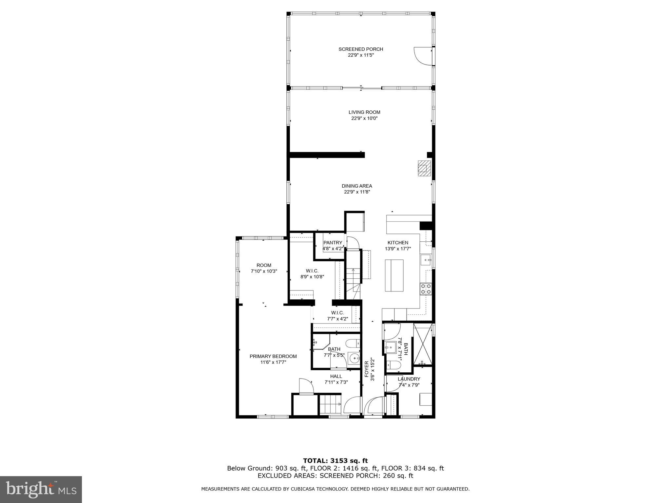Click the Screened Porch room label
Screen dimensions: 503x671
pos(361,49)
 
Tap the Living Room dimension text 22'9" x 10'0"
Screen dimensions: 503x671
pos(364,118)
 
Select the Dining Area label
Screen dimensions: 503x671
pos(357,186)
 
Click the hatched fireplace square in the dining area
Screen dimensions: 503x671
pos(424,168)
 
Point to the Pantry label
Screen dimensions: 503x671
pos(333,243)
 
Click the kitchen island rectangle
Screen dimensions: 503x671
pos(394,275)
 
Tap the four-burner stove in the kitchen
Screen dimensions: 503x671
pos(426,289)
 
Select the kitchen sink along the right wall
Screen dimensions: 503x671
pos(426,260)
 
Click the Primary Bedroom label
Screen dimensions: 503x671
pos(273,356)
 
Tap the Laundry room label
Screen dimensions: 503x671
pos(409,379)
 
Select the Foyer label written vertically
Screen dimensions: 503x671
pos(367,369)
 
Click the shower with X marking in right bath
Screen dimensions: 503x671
pos(423,344)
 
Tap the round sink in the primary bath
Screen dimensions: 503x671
pos(354,359)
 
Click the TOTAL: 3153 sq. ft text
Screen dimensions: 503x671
pos(335,461)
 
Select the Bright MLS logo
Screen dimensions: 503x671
pos(41,490)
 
